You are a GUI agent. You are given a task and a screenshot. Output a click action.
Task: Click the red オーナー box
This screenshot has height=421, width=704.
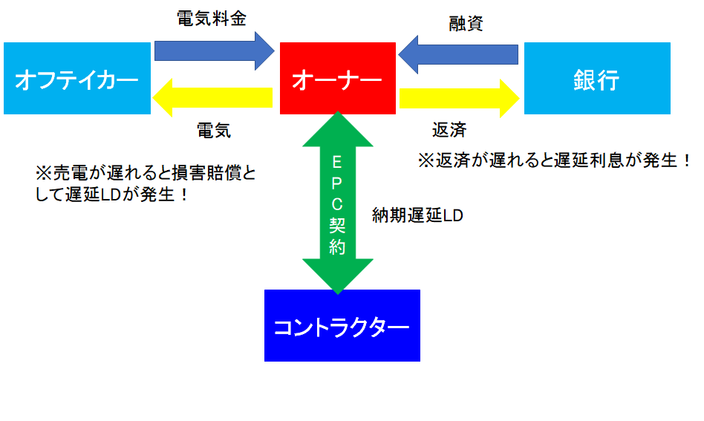(338, 78)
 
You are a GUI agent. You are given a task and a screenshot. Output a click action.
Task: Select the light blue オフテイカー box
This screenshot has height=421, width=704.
(77, 78)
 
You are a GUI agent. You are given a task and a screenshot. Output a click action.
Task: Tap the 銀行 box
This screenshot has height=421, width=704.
(597, 78)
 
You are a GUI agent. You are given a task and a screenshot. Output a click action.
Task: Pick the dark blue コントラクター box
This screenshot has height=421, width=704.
(342, 325)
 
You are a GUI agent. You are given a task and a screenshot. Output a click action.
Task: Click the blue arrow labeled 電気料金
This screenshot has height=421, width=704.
(214, 50)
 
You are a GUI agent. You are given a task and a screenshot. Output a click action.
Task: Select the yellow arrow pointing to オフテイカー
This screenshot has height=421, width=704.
(212, 97)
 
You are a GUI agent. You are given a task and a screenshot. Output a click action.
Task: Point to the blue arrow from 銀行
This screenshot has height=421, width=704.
(458, 54)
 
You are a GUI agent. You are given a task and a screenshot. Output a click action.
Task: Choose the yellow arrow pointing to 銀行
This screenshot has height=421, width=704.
(459, 98)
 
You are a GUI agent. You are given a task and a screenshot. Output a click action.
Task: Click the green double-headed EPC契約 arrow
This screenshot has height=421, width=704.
(338, 203)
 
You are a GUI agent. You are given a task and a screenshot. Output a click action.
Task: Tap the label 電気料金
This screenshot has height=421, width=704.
(212, 19)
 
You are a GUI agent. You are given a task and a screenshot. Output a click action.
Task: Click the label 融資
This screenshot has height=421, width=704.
(466, 23)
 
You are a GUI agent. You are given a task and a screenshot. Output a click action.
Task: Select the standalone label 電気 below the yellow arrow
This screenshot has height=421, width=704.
(214, 131)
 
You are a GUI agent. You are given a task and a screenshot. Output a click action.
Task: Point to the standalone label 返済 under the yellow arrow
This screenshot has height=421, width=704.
(449, 130)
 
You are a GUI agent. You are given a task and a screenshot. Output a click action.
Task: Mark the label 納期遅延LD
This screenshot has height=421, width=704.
(417, 215)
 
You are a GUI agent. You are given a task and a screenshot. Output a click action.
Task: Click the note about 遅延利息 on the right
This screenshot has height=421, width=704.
(555, 160)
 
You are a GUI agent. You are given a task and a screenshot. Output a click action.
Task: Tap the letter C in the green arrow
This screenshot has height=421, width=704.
(337, 204)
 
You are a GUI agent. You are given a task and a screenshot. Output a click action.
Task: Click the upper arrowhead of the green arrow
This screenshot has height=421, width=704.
(338, 129)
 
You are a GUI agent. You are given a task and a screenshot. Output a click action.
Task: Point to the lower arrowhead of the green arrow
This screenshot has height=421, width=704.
(338, 276)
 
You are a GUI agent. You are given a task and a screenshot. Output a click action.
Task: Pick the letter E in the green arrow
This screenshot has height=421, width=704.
(337, 162)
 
